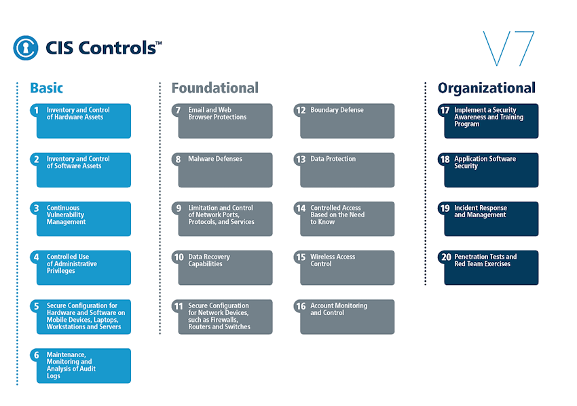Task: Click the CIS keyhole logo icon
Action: [26, 48]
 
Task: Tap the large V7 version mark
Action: [508, 48]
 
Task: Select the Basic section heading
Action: [46, 88]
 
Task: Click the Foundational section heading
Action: [215, 88]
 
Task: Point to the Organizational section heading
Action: [486, 88]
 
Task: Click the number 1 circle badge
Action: [35, 110]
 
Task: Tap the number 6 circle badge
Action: [35, 355]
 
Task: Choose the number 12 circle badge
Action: [300, 110]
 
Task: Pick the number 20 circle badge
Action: [445, 257]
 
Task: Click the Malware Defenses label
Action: [215, 159]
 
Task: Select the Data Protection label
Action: [333, 159]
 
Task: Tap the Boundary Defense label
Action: [337, 110]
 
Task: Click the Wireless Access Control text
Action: [333, 260]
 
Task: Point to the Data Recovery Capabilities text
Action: [209, 260]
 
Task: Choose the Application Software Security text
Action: [485, 162]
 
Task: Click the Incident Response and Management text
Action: [481, 211]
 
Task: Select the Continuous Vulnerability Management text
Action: [66, 215]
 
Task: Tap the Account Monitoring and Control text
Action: [338, 309]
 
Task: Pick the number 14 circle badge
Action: [300, 208]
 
